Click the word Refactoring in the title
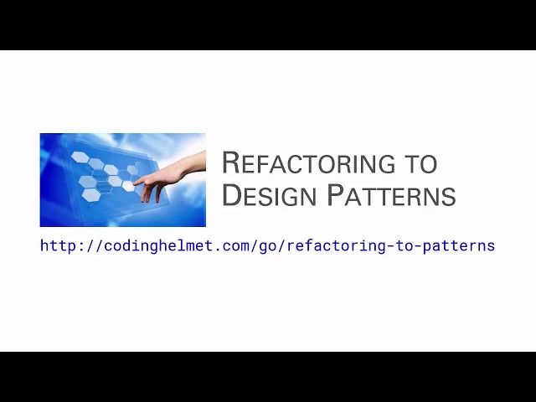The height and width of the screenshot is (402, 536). [x=318, y=162]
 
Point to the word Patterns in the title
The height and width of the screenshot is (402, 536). [x=391, y=195]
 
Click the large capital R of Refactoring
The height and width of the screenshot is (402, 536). [x=231, y=162]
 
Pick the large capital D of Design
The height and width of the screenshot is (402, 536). [x=232, y=195]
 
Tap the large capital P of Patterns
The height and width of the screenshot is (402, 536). [x=335, y=195]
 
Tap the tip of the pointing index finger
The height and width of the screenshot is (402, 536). [x=136, y=182]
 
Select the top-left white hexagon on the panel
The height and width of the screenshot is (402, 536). [x=80, y=157]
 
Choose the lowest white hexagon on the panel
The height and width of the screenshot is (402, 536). [x=91, y=194]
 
